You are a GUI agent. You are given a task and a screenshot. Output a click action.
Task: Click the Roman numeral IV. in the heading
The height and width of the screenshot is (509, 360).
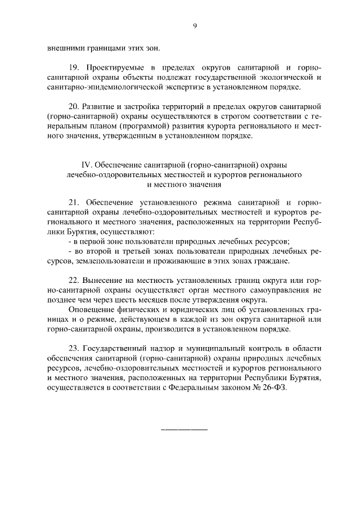tap(87, 165)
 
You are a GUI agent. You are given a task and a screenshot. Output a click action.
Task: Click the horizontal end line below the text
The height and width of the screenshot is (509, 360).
tap(184, 430)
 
